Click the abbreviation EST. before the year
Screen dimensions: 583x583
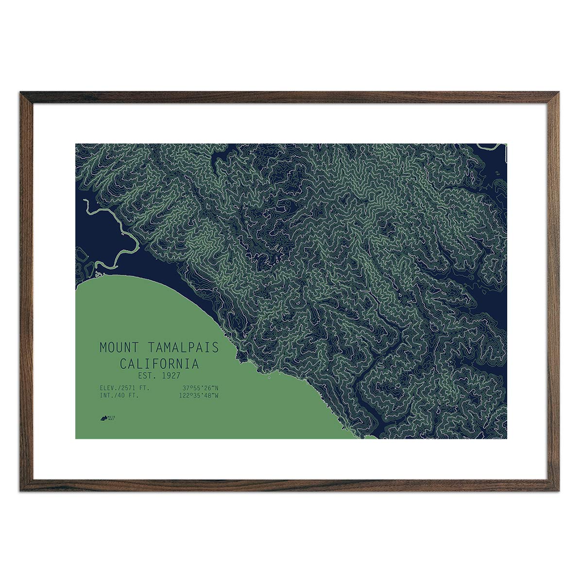[x=146, y=376]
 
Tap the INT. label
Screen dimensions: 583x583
[x=106, y=395]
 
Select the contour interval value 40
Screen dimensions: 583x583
[x=121, y=395]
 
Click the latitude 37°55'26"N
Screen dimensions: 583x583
[x=200, y=388]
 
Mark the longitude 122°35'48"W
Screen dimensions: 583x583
[x=199, y=395]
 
